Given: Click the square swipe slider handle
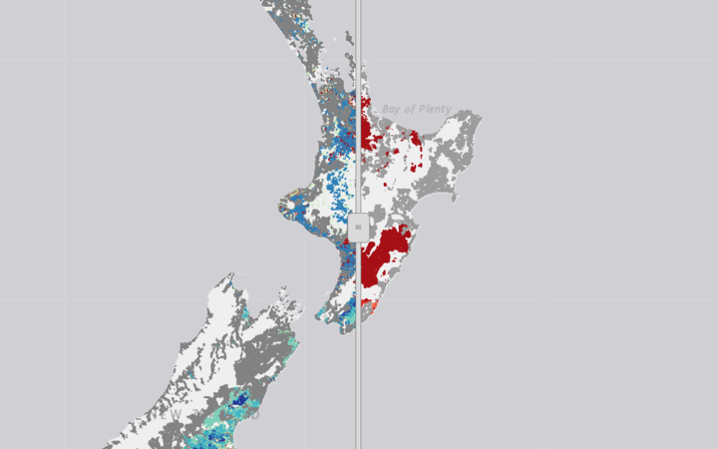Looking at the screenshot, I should pos(358,226).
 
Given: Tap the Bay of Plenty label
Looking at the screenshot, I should pos(416,109).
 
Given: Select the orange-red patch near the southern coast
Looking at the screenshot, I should pos(372,305).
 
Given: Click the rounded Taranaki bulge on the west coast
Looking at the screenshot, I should pos(288,210).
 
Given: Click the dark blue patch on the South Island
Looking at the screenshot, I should pos(239,398).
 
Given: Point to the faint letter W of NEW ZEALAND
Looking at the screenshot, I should pos(176,413).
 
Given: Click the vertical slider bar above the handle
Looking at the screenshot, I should pos(358,100).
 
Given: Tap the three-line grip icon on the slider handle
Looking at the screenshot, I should pos(358,226).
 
